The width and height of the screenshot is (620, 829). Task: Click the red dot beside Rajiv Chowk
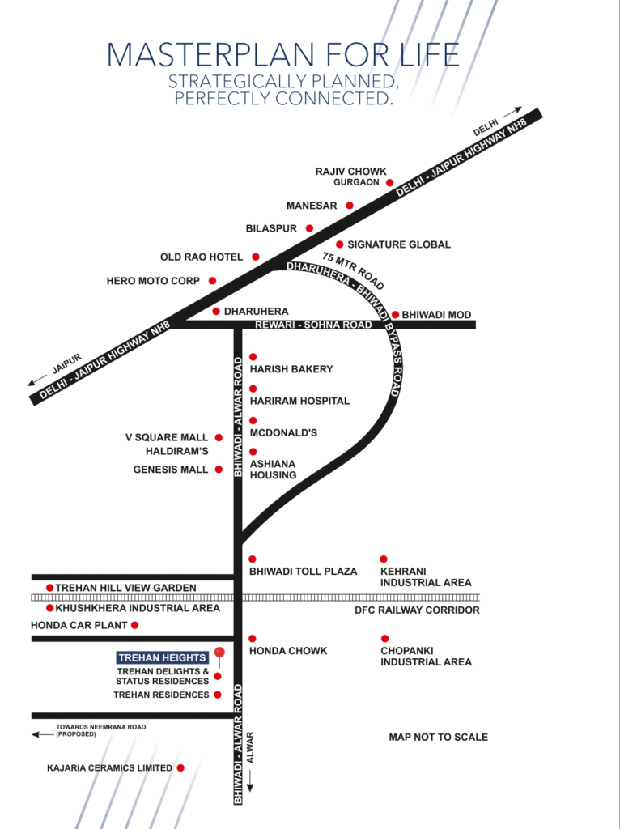[x=389, y=183]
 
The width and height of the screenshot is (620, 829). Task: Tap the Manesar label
[x=312, y=206]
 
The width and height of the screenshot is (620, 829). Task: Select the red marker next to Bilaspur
[x=309, y=228]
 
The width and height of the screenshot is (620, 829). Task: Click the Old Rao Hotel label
[x=202, y=257]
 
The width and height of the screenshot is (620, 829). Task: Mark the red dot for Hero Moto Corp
[x=212, y=281]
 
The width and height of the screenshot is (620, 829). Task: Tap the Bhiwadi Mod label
[x=436, y=314]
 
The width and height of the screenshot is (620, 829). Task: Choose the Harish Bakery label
[x=291, y=369]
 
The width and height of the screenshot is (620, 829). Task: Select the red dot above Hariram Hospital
[x=253, y=389]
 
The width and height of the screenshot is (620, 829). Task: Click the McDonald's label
[x=283, y=433]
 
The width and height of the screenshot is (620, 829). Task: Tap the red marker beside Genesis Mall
[x=219, y=469]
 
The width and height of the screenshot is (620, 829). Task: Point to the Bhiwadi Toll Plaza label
[x=303, y=572]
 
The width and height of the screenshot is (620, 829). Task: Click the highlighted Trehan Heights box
[x=162, y=657]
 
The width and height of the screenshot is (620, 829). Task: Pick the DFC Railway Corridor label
[x=417, y=610]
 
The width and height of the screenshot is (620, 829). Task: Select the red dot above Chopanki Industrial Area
[x=384, y=639]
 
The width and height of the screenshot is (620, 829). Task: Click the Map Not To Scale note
[x=438, y=738]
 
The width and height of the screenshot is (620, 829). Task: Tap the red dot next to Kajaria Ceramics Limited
[x=180, y=767]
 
